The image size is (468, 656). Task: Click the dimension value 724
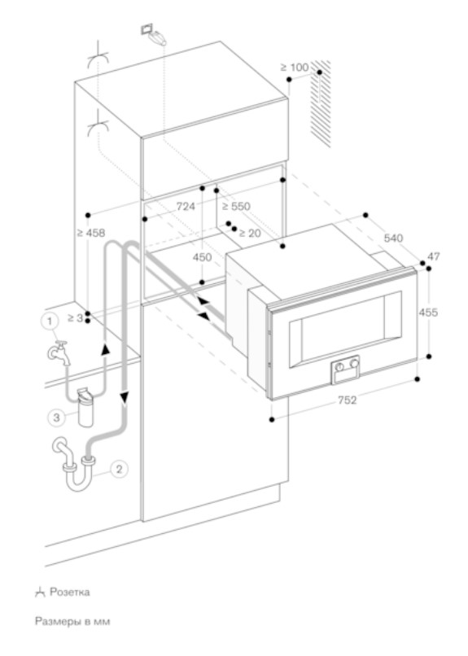[x=186, y=206]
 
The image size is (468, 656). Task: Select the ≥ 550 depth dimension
[x=236, y=206]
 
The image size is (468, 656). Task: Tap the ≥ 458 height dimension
[x=91, y=233]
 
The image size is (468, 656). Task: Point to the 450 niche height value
[x=203, y=257]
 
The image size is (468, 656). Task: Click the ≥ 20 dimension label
[x=250, y=233]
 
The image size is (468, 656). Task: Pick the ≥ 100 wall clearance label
[x=295, y=67]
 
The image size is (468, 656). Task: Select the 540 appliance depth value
[x=394, y=238]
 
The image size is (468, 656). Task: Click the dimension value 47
[x=434, y=256]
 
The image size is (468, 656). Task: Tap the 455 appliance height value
[x=429, y=312]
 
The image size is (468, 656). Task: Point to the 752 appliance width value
[x=347, y=400]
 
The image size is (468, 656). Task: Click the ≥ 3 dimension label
[x=75, y=318]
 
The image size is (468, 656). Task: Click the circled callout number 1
[x=50, y=321]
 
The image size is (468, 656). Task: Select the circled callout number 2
[x=119, y=469]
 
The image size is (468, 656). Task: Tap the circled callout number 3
[x=56, y=417]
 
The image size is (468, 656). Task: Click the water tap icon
[x=59, y=352]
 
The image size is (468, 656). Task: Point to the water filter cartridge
[x=85, y=408]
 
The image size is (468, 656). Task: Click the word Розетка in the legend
[x=70, y=592]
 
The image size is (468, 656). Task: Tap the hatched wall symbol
[x=321, y=103]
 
